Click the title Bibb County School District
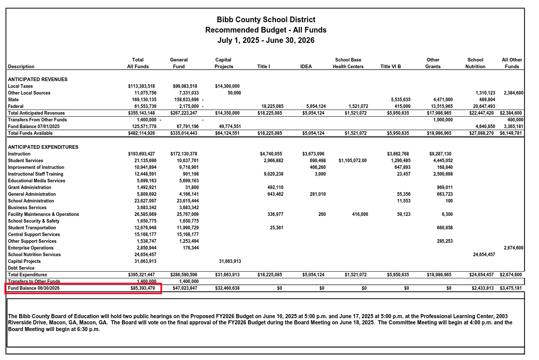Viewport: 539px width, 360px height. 266,20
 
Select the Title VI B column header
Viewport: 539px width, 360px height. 390,67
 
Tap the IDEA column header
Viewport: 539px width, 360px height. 306,67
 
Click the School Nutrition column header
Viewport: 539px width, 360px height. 475,63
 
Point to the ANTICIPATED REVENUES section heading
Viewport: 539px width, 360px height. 38,80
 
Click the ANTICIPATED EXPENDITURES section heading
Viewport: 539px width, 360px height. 43,147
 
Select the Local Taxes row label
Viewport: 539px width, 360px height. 21,86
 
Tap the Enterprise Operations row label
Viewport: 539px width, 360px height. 30,248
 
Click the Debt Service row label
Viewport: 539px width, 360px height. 21,268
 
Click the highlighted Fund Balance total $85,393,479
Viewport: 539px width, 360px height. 142,288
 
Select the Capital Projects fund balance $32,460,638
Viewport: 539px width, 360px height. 227,288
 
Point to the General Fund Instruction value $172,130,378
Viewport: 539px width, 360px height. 183,154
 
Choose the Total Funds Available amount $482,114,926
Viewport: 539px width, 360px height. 142,133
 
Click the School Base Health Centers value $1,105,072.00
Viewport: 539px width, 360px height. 352,161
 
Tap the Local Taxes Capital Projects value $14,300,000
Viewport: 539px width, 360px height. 227,86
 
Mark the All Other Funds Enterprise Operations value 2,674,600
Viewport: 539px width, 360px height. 513,248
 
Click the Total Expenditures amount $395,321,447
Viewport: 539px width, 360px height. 142,275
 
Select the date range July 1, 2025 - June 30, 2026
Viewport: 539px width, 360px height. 266,40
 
